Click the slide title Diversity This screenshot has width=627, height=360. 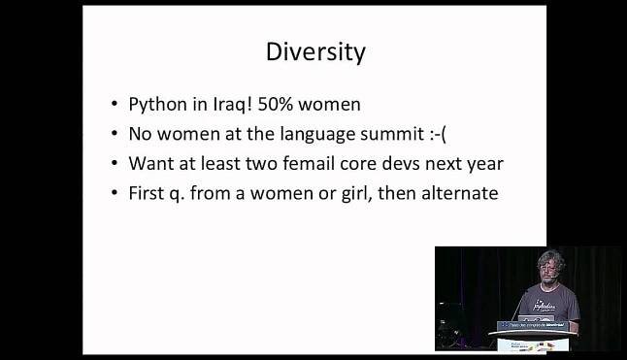[x=315, y=52]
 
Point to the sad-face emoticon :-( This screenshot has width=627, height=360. [x=438, y=134]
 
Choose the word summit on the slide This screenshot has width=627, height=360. [x=392, y=134]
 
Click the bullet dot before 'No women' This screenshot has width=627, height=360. [x=115, y=133]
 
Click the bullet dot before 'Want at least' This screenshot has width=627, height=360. [x=115, y=163]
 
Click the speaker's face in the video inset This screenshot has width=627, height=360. [x=549, y=272]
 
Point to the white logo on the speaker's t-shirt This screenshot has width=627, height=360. [x=544, y=306]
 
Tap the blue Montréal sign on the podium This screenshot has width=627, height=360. [x=533, y=325]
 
